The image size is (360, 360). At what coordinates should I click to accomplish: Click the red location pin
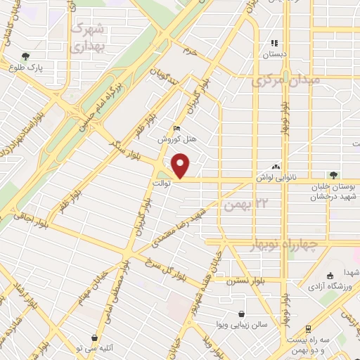[x=182, y=165]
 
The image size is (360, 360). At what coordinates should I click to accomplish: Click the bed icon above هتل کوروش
[x=177, y=128]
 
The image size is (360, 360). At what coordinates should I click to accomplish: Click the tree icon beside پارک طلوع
[x=26, y=56]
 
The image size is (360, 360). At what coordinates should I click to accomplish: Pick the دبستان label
[x=275, y=53]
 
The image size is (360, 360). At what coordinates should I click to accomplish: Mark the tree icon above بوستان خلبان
[x=333, y=175]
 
